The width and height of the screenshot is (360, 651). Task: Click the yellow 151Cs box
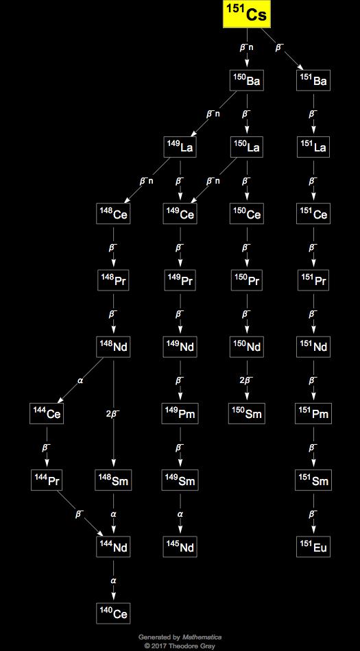pyautogui.click(x=247, y=14)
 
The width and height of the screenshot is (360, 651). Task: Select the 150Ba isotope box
pyautogui.click(x=247, y=81)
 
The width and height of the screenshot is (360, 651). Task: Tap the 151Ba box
pyautogui.click(x=313, y=81)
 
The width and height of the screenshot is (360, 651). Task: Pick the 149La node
pyautogui.click(x=180, y=147)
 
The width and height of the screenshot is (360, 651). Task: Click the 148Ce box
pyautogui.click(x=113, y=214)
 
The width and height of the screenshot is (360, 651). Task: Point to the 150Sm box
pyautogui.click(x=247, y=414)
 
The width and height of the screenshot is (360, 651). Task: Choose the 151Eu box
pyautogui.click(x=313, y=548)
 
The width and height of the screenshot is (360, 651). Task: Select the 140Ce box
pyautogui.click(x=113, y=613)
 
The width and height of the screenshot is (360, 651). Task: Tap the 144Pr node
pyautogui.click(x=47, y=480)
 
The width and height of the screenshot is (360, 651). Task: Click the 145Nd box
pyautogui.click(x=180, y=548)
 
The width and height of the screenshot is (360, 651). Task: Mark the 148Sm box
pyautogui.click(x=113, y=480)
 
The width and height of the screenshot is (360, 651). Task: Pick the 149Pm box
pyautogui.click(x=180, y=414)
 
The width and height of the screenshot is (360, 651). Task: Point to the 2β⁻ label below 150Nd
pyautogui.click(x=247, y=380)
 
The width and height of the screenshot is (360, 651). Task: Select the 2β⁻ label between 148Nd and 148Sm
pyautogui.click(x=113, y=413)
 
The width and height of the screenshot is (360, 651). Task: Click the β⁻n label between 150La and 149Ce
pyautogui.click(x=213, y=181)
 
